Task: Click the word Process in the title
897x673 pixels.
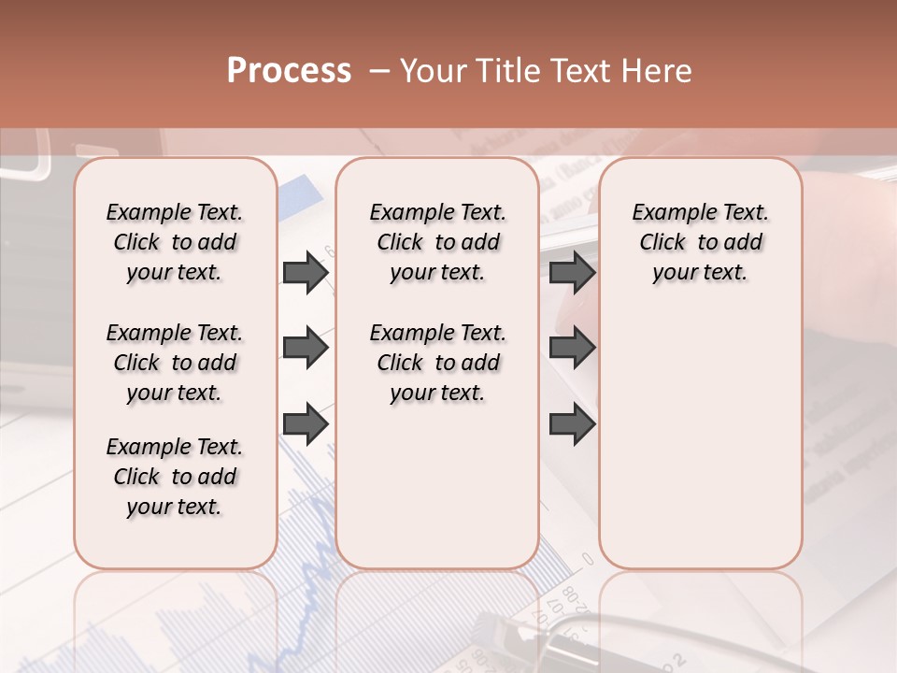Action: tap(289, 71)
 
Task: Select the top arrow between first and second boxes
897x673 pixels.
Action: tap(305, 272)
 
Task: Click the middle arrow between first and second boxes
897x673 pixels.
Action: tap(305, 349)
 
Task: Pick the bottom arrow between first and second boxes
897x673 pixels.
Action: tap(305, 424)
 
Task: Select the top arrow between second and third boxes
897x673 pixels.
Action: tap(572, 272)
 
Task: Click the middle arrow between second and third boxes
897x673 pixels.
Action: tap(572, 349)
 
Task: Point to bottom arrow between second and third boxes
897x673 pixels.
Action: tap(572, 424)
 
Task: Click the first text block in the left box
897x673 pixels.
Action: tap(175, 242)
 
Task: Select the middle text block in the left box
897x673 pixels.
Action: tap(175, 363)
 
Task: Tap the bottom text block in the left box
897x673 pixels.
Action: tap(175, 477)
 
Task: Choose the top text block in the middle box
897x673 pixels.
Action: tap(437, 242)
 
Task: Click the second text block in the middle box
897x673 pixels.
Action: tap(437, 363)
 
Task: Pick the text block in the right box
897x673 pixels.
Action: tap(701, 242)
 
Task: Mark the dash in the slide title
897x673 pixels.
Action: tap(379, 71)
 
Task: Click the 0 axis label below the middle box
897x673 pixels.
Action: tap(588, 559)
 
